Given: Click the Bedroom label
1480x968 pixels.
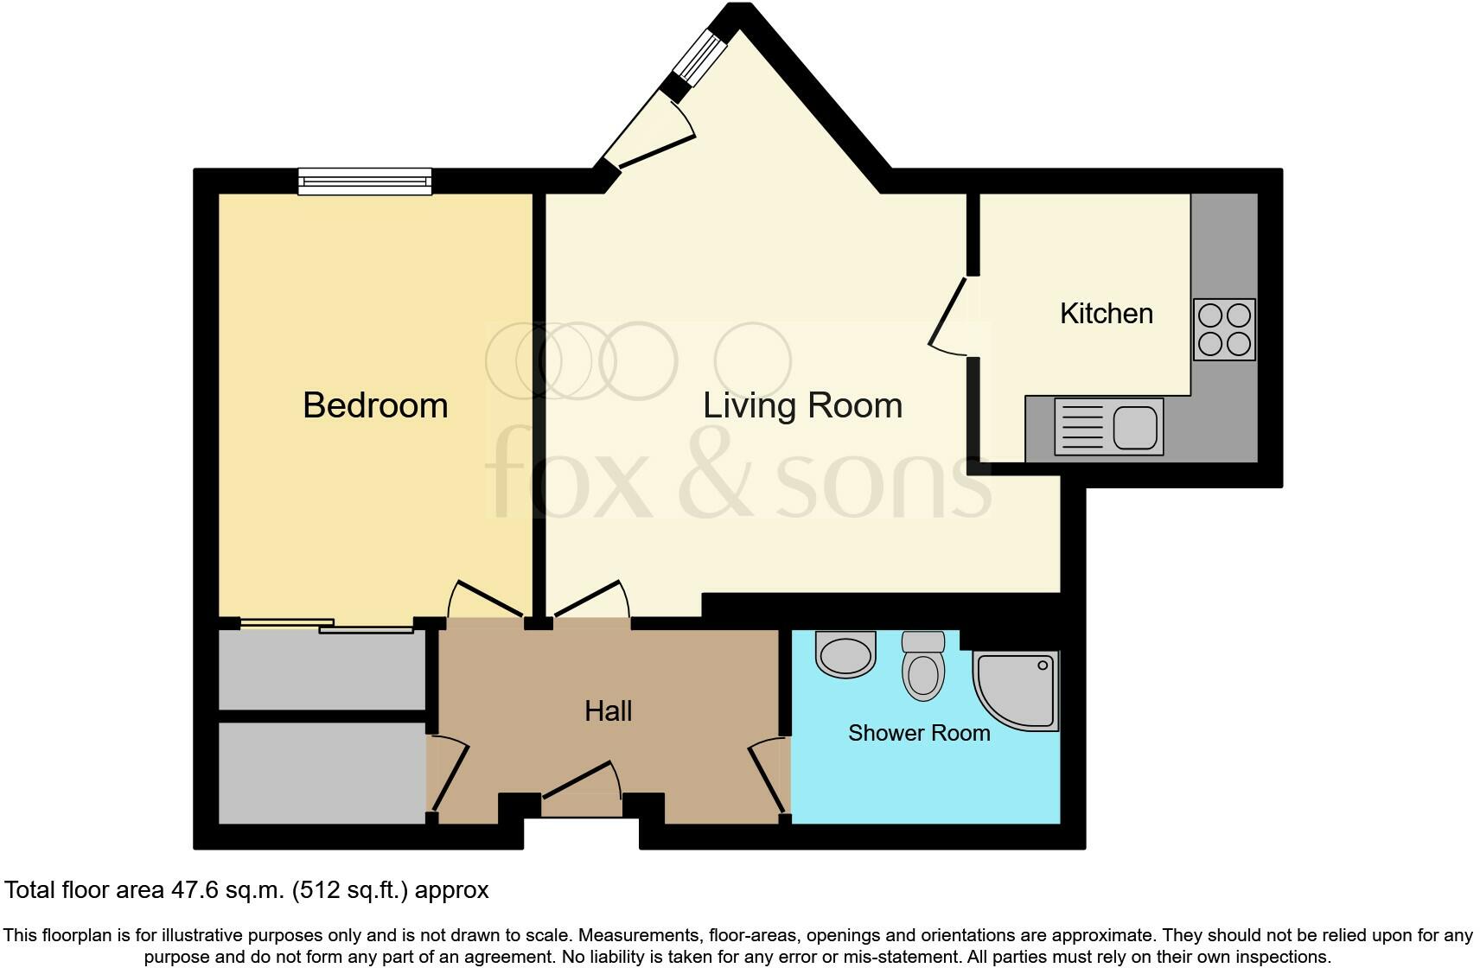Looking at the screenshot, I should click(375, 405).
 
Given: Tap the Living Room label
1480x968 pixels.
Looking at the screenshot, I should click(802, 405).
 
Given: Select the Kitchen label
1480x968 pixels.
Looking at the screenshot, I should click(1106, 313).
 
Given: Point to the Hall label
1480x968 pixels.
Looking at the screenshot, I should click(608, 711).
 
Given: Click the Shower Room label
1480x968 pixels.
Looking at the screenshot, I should click(918, 733).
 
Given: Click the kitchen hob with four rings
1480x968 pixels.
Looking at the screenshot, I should click(1224, 329).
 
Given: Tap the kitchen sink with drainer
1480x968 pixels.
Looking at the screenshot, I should click(1108, 427).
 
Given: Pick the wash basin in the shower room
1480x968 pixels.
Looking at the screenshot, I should click(845, 653).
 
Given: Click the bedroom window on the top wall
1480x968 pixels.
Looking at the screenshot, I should click(365, 181).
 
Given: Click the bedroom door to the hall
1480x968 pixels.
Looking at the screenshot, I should click(486, 598).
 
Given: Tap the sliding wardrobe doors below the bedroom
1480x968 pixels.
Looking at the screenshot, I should click(327, 625).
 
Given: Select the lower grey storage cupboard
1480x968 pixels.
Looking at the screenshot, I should click(322, 773).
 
